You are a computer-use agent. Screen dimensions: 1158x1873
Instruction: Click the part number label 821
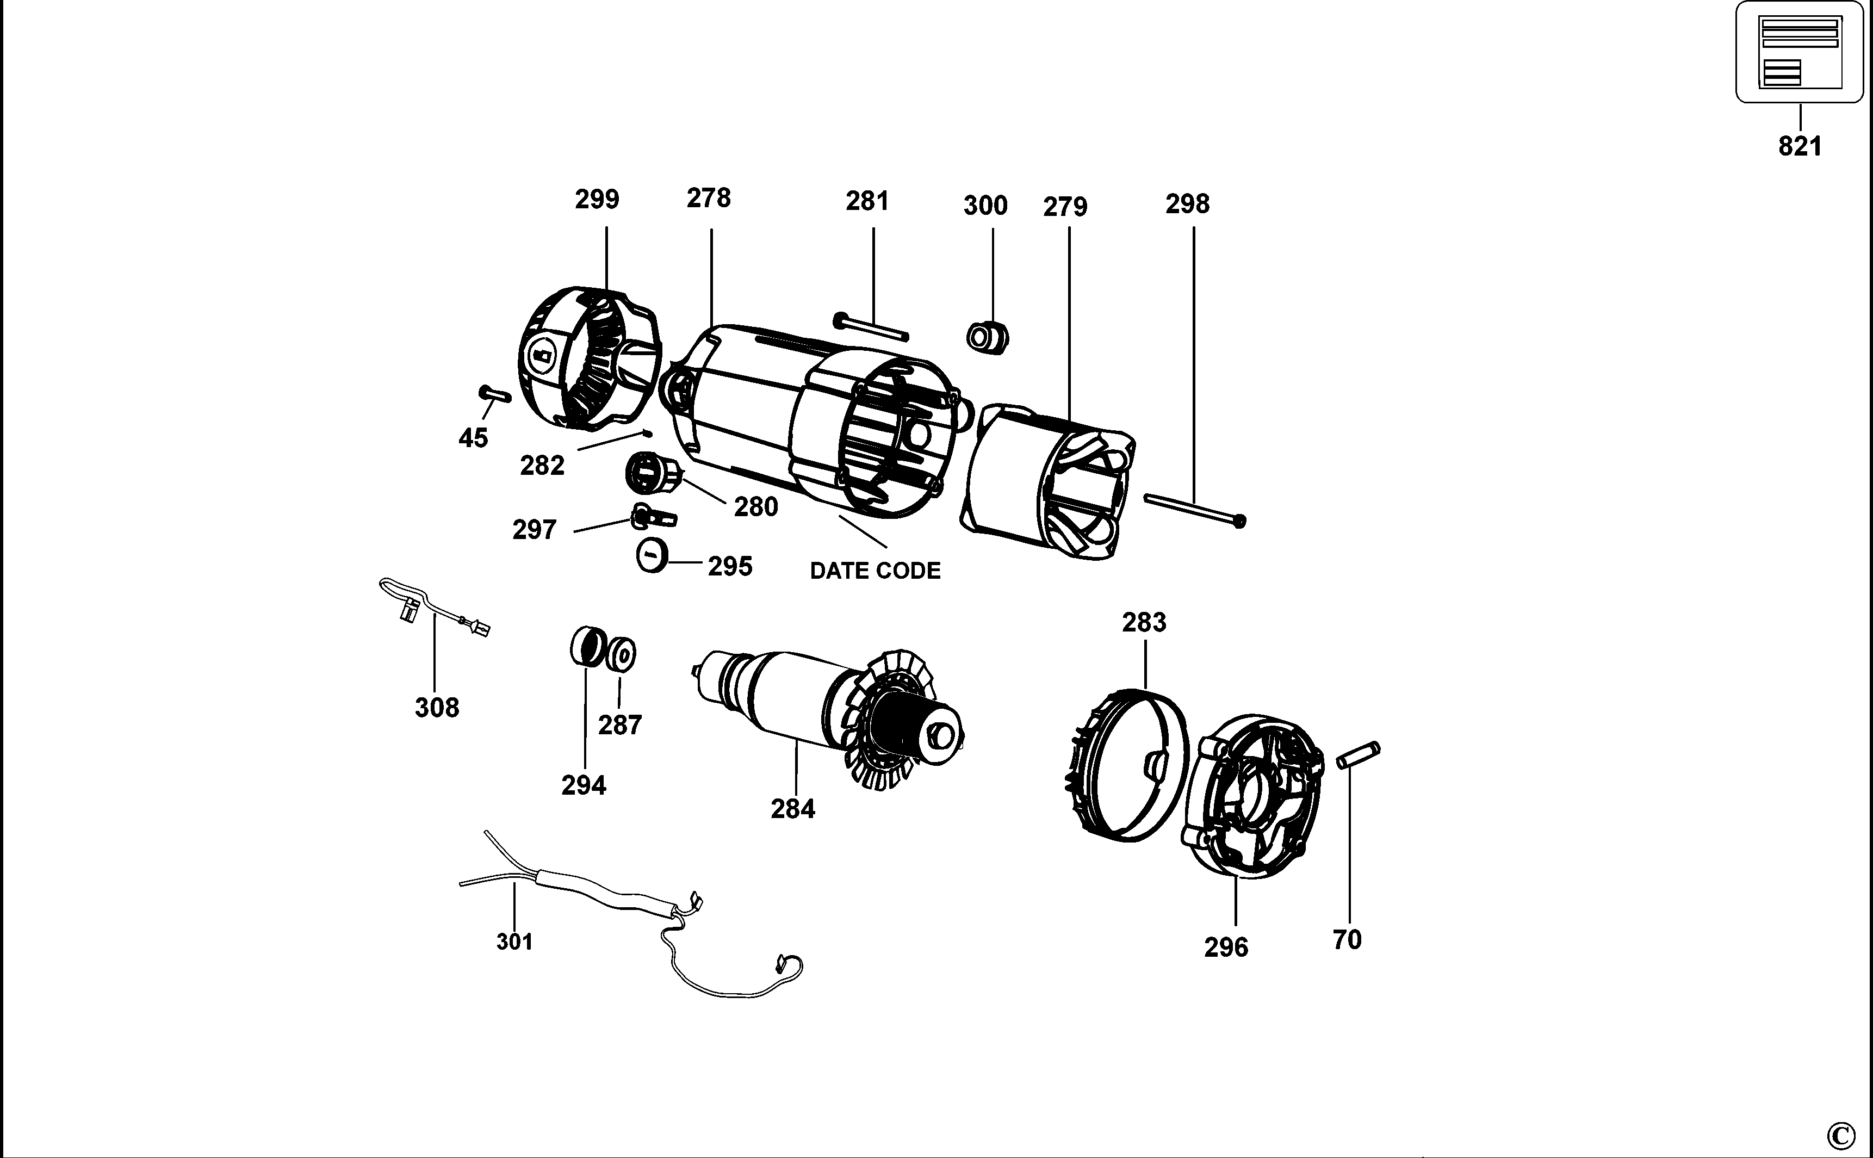[1800, 146]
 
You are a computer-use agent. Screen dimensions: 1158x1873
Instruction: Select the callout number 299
[597, 199]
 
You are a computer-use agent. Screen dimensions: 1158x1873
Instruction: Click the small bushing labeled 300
[988, 338]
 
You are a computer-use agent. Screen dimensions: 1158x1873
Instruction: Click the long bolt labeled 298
[1195, 509]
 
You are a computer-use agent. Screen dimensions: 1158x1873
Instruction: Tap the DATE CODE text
[875, 571]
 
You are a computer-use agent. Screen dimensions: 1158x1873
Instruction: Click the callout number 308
[437, 707]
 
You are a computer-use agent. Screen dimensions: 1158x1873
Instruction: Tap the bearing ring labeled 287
[621, 655]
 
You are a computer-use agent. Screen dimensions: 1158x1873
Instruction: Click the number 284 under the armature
[792, 809]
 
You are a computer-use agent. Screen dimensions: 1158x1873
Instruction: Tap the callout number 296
[1226, 948]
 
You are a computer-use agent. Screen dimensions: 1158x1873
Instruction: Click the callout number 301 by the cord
[514, 942]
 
